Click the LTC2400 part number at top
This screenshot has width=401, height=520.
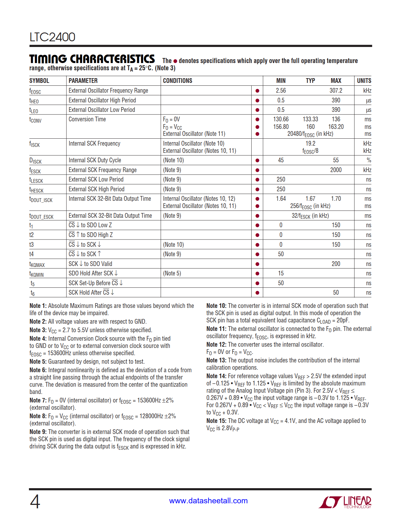tap(52, 37)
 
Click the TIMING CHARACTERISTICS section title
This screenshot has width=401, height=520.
tap(92, 59)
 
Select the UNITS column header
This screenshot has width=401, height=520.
tap(364, 81)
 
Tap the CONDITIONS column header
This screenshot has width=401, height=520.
tap(177, 81)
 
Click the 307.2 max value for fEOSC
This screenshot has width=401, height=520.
tap(336, 91)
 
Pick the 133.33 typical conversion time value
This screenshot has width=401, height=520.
tap(310, 119)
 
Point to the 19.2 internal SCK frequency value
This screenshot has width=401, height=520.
tap(310, 143)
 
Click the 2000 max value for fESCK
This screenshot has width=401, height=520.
tap(336, 170)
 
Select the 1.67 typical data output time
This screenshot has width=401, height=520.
tap(310, 199)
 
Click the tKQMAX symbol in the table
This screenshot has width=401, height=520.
tap(37, 264)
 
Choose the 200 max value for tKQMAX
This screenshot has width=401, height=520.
tap(336, 264)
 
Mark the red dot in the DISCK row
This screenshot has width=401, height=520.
tap(257, 160)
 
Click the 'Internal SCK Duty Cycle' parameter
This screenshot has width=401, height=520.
tap(95, 160)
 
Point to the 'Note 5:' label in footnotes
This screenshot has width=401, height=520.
tap(38, 362)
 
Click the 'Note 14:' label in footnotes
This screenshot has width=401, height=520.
tap(216, 376)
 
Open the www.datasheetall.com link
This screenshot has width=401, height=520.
tap(208, 501)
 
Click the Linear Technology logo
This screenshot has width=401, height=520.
tap(345, 502)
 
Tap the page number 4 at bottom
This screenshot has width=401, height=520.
tap(35, 502)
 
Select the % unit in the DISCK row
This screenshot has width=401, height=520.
tap(369, 160)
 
